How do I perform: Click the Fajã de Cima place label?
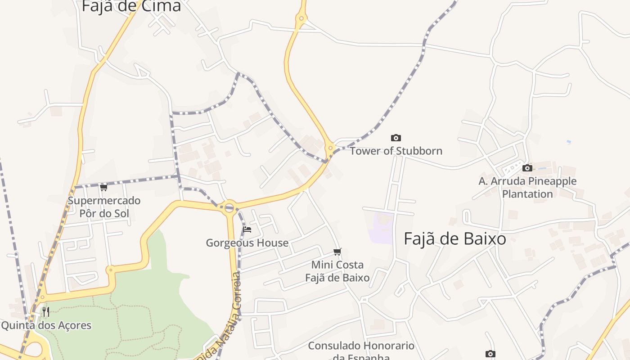coord(131,6)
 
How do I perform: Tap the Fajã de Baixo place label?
coord(454,239)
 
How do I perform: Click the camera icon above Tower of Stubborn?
coord(396,138)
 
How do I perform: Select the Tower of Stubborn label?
coord(396,151)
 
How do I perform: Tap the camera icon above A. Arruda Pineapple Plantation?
coord(527,168)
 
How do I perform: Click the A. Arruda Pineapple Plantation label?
coord(527,188)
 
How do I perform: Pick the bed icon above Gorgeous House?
coord(247,229)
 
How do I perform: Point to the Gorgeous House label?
coord(247,243)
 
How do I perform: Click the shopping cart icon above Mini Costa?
coord(337,252)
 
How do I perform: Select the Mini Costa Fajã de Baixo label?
coord(337,271)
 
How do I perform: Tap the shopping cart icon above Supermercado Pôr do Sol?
coord(104,187)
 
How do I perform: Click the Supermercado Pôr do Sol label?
coord(104,207)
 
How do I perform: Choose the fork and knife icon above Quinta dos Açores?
coord(46,312)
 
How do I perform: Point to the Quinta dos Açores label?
coord(46,325)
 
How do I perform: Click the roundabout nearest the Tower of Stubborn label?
coord(331,148)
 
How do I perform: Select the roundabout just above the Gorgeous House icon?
coord(229,207)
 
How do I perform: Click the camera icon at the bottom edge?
coord(490,354)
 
